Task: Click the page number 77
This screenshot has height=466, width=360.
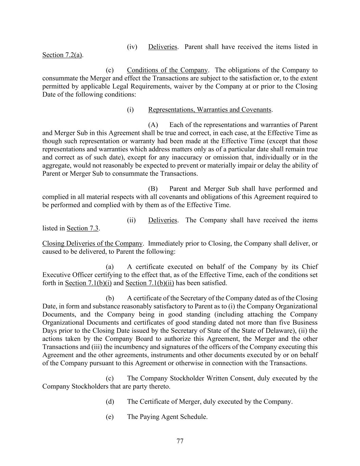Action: [x=180, y=441]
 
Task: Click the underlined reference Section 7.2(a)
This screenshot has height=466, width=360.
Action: [x=62, y=55]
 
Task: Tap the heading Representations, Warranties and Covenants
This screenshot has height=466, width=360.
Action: [x=210, y=110]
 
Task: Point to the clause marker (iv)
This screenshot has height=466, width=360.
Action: [x=132, y=47]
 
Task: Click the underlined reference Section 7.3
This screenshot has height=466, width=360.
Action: [x=83, y=228]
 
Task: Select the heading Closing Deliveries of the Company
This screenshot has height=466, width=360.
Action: [x=92, y=243]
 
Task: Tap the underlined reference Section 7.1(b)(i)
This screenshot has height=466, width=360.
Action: [x=88, y=283]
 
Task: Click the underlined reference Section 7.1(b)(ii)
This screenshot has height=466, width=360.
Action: [x=149, y=283]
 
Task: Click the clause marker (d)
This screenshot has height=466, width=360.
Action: [x=110, y=401]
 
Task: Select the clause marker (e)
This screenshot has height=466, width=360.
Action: [x=110, y=417]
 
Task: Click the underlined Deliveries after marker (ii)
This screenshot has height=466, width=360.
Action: [x=162, y=220]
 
